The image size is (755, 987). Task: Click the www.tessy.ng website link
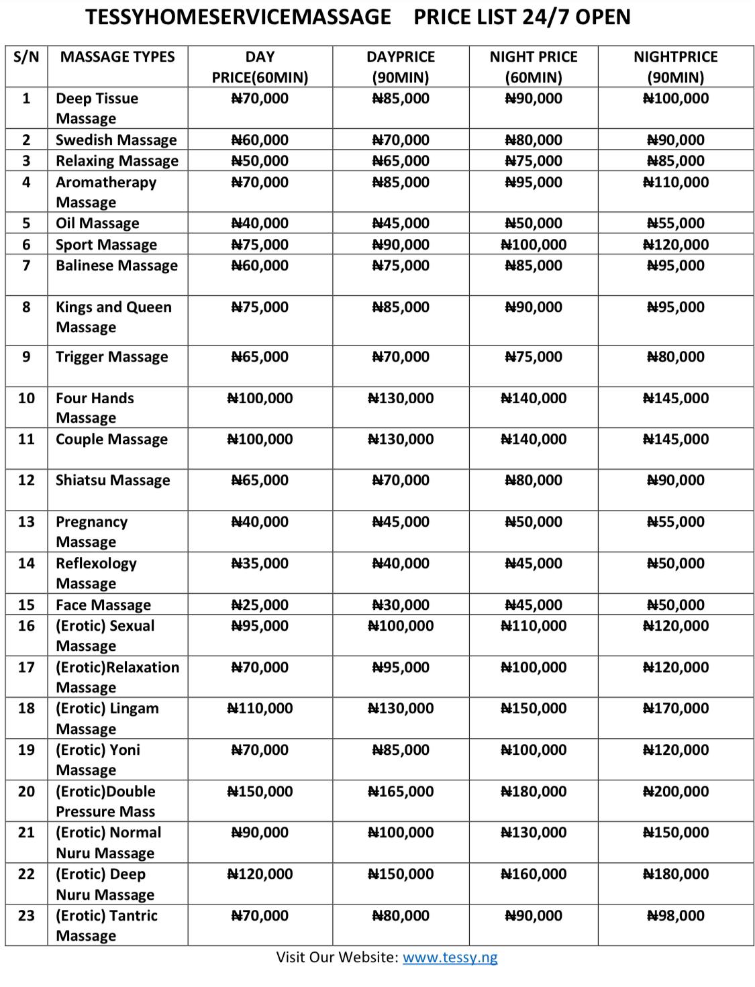[x=450, y=957]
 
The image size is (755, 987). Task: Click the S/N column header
[x=26, y=57]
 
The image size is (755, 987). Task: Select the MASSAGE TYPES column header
[x=117, y=57]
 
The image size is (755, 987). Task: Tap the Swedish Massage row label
[x=116, y=140]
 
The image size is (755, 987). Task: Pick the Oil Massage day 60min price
[x=260, y=223]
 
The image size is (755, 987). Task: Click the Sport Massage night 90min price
[x=675, y=245]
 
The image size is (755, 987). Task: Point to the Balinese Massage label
[x=117, y=266]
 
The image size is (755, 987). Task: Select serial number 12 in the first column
[x=26, y=480]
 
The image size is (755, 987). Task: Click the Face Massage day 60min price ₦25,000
[x=260, y=605]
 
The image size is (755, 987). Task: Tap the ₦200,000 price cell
[x=675, y=792]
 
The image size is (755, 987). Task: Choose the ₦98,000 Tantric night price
[x=675, y=916]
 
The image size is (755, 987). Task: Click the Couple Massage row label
[x=111, y=439]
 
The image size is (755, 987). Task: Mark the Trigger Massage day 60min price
[x=260, y=357]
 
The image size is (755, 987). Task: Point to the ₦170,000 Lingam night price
[x=675, y=709]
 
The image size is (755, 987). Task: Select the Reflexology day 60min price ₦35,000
[x=260, y=564]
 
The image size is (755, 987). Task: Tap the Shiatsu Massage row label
[x=113, y=480]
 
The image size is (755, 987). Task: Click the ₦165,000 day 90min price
[x=401, y=792]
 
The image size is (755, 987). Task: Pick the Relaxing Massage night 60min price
[x=534, y=161]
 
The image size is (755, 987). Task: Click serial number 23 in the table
[x=26, y=916]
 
